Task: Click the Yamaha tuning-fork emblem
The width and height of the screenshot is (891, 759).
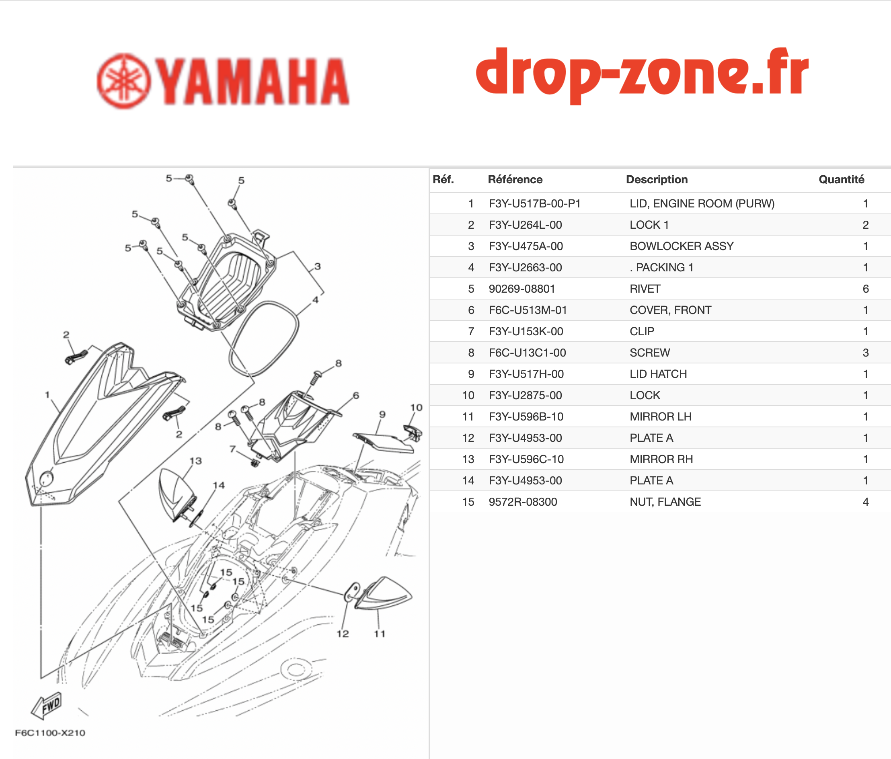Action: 124,81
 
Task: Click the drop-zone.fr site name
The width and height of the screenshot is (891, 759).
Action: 642,75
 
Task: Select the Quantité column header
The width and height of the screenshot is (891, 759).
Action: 841,179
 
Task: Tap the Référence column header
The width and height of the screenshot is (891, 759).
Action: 515,179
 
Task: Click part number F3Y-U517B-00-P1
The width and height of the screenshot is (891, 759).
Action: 534,203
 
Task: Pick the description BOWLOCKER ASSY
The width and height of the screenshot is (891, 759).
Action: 682,246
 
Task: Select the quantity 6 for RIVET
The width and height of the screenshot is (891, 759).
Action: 866,289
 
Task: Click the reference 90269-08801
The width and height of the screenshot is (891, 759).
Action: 521,289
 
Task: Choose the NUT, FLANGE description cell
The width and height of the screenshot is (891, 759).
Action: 665,501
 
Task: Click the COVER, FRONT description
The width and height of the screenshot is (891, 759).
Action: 670,310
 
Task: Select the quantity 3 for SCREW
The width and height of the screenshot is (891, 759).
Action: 866,353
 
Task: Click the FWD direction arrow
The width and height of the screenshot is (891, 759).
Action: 47,706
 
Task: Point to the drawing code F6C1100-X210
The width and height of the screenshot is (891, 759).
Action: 50,733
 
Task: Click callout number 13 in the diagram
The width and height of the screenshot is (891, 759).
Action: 196,461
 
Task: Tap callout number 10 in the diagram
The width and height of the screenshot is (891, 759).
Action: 416,407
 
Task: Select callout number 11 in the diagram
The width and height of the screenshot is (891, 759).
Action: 379,634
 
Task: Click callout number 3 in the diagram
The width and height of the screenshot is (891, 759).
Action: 317,266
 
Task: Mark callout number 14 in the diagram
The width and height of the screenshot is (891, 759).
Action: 218,485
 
